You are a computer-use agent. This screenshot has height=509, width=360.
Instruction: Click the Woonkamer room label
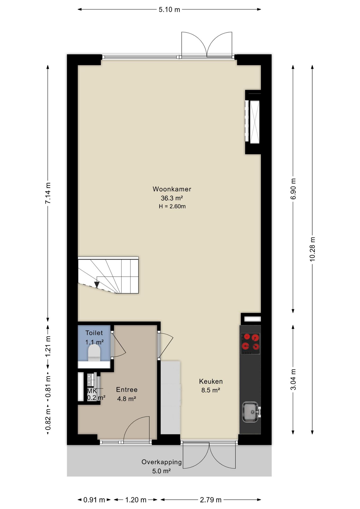(172, 189)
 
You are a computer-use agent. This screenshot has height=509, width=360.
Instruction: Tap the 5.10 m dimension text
(169, 10)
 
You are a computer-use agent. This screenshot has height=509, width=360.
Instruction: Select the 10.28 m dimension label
(313, 249)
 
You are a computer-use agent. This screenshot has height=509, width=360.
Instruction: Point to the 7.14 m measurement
(48, 193)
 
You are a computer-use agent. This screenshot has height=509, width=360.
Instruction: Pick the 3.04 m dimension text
(293, 379)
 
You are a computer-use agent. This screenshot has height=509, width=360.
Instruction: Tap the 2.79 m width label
(211, 500)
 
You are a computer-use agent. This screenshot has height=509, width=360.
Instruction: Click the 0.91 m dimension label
(94, 500)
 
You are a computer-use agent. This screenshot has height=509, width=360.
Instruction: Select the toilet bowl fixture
(94, 353)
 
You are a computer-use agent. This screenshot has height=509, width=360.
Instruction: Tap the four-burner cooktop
(250, 344)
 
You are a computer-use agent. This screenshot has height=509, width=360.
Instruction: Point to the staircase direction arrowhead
(97, 285)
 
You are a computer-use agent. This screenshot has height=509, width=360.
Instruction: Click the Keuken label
(211, 381)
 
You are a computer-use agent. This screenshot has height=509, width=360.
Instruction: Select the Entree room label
(127, 390)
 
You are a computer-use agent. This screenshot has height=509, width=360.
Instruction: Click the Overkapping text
(161, 462)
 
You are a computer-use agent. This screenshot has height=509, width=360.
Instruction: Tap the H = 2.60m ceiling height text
(172, 206)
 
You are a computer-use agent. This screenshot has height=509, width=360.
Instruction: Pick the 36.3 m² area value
(172, 198)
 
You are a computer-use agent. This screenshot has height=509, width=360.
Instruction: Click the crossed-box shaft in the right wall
(255, 122)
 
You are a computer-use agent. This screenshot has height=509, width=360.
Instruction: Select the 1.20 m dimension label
(136, 500)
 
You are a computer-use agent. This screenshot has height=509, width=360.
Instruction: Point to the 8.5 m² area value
(211, 390)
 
